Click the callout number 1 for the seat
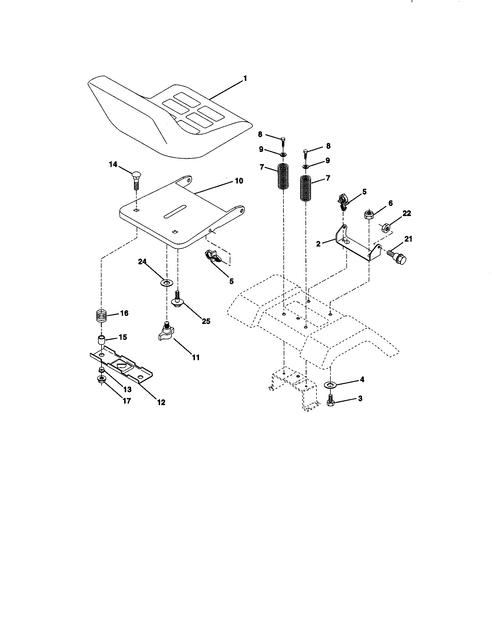pos(245,78)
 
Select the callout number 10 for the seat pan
pos(239,181)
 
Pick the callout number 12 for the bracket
pos(161,402)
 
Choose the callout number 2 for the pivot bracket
pos(318,244)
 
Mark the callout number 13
pos(127,389)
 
